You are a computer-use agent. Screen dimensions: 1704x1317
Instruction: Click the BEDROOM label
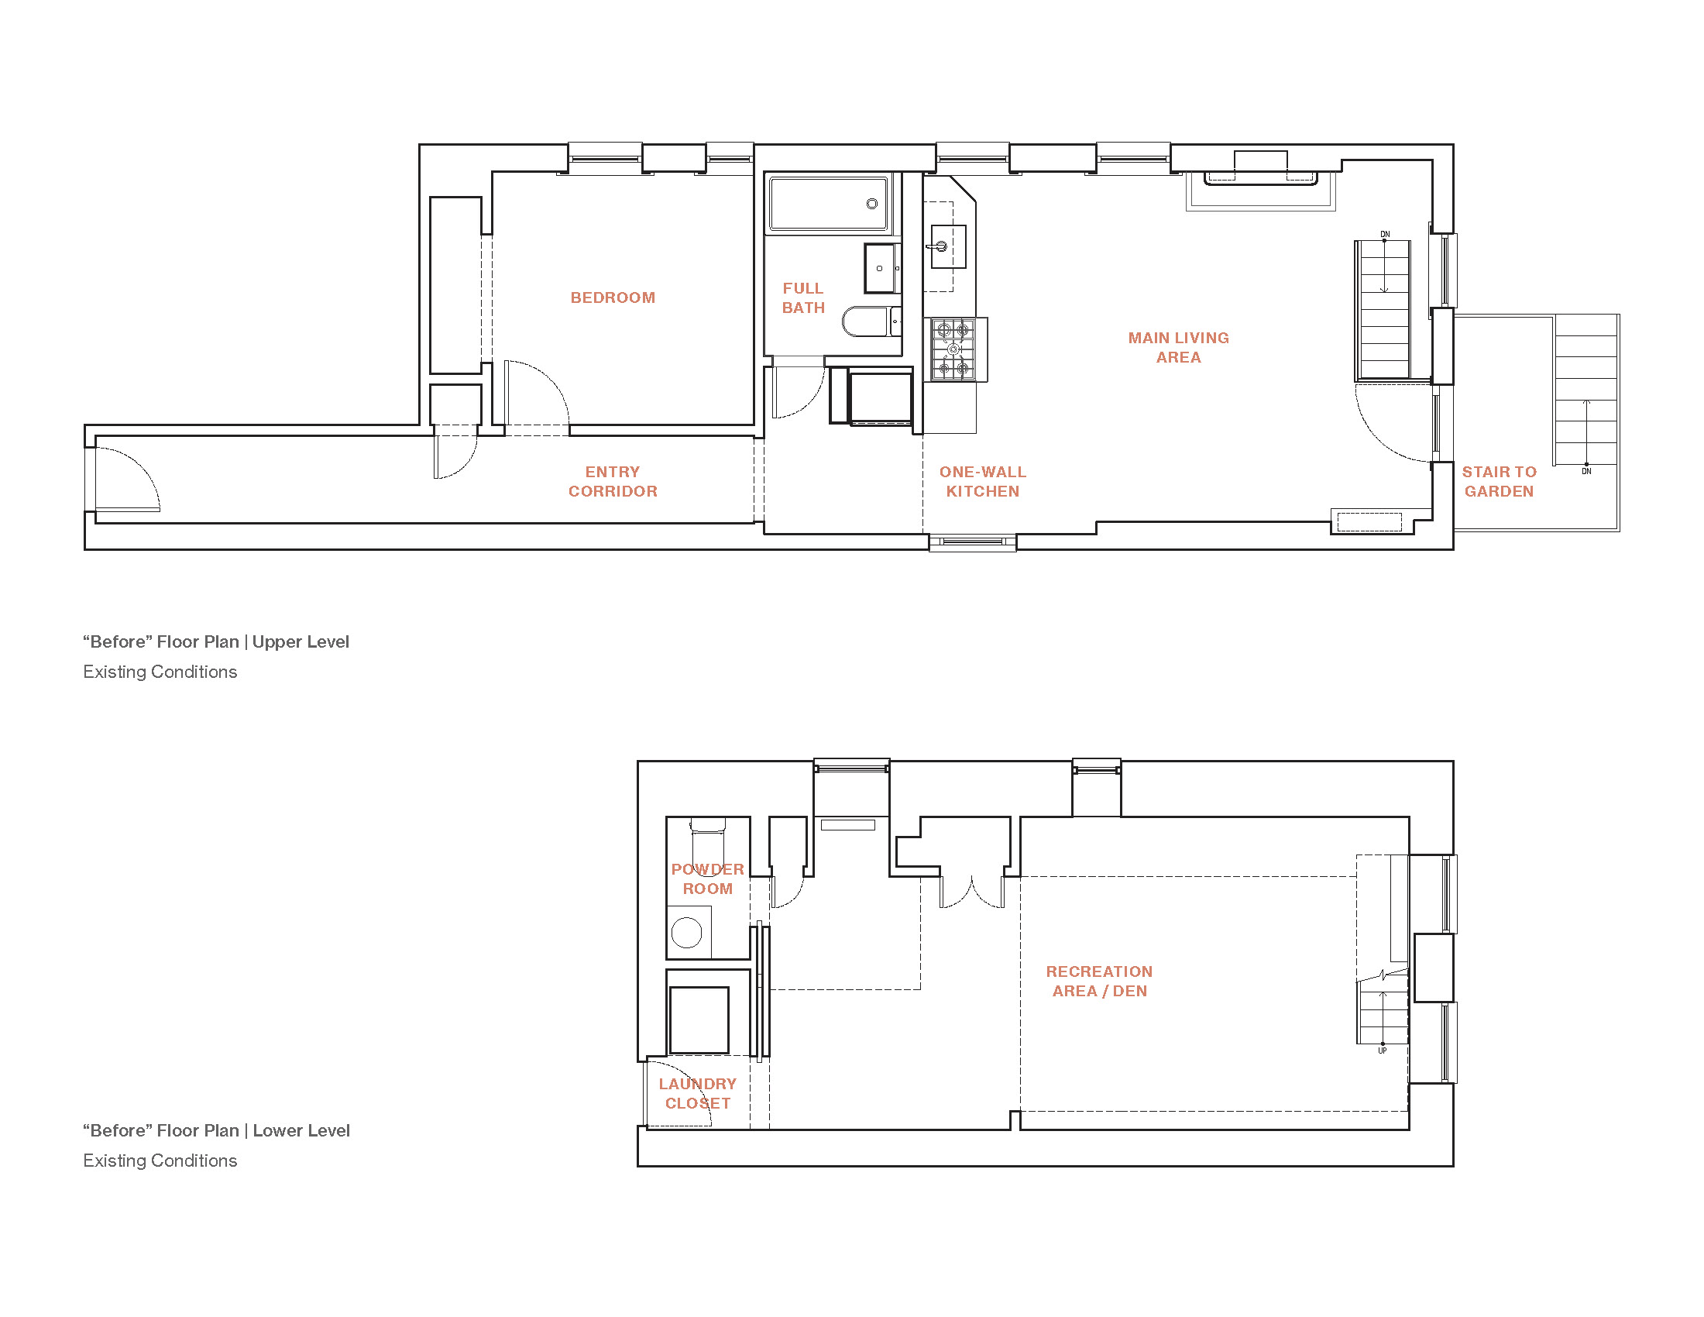pyautogui.click(x=613, y=297)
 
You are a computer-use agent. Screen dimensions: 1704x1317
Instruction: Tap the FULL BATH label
pyautogui.click(x=803, y=298)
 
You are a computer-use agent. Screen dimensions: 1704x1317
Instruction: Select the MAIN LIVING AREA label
pyautogui.click(x=1178, y=347)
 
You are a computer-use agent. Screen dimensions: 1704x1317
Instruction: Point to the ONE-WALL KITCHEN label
pyautogui.click(x=982, y=481)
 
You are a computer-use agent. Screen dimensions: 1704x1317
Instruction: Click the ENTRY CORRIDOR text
pyautogui.click(x=613, y=481)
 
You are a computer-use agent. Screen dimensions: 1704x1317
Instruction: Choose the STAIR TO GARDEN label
pyautogui.click(x=1499, y=481)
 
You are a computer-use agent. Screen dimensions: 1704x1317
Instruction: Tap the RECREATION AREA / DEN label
pyautogui.click(x=1099, y=981)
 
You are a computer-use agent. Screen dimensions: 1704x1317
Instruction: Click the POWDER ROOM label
pyautogui.click(x=708, y=879)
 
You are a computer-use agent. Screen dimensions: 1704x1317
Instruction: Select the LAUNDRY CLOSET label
pyautogui.click(x=698, y=1093)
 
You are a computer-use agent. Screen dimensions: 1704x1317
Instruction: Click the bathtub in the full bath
pyautogui.click(x=829, y=204)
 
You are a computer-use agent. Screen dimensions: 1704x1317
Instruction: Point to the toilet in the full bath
pyautogui.click(x=871, y=321)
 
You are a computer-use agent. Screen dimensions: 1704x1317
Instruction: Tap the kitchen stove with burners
pyautogui.click(x=953, y=349)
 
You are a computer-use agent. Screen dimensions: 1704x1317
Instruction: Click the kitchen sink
pyautogui.click(x=948, y=246)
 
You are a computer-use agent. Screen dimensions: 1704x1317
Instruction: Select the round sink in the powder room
pyautogui.click(x=686, y=932)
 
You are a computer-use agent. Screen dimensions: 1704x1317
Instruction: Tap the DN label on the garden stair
pyautogui.click(x=1586, y=471)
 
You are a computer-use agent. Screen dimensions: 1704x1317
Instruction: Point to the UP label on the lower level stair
pyautogui.click(x=1382, y=1051)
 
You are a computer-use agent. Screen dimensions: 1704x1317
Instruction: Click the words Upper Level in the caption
pyautogui.click(x=301, y=641)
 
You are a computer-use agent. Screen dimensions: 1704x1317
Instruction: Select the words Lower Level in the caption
pyautogui.click(x=301, y=1130)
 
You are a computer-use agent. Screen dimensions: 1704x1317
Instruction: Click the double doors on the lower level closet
pyautogui.click(x=971, y=892)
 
